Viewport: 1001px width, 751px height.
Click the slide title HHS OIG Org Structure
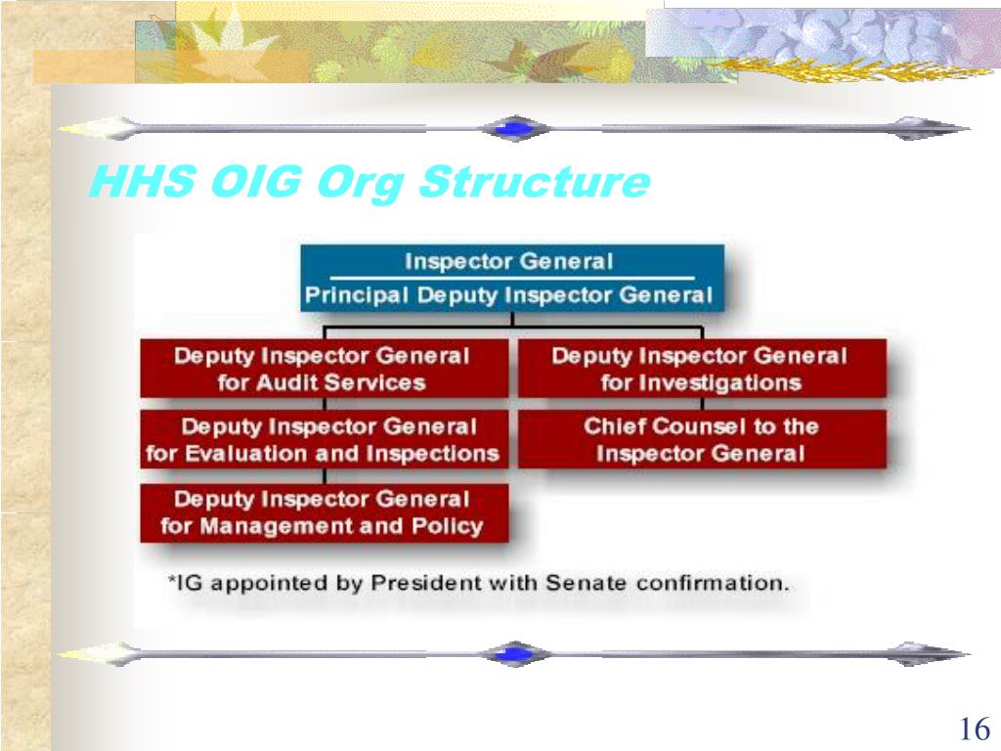pyautogui.click(x=369, y=183)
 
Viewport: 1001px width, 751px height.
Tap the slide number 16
pyautogui.click(x=974, y=729)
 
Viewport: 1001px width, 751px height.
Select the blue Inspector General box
pyautogui.click(x=510, y=278)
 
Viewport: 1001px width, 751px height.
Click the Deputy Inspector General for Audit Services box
pyautogui.click(x=323, y=369)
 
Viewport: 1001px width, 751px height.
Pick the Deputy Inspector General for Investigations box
pyautogui.click(x=701, y=369)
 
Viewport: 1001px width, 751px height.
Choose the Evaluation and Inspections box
pyautogui.click(x=323, y=440)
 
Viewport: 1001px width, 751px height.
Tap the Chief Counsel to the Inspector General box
pyautogui.click(x=701, y=440)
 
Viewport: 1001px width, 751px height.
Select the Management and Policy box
pyautogui.click(x=323, y=512)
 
